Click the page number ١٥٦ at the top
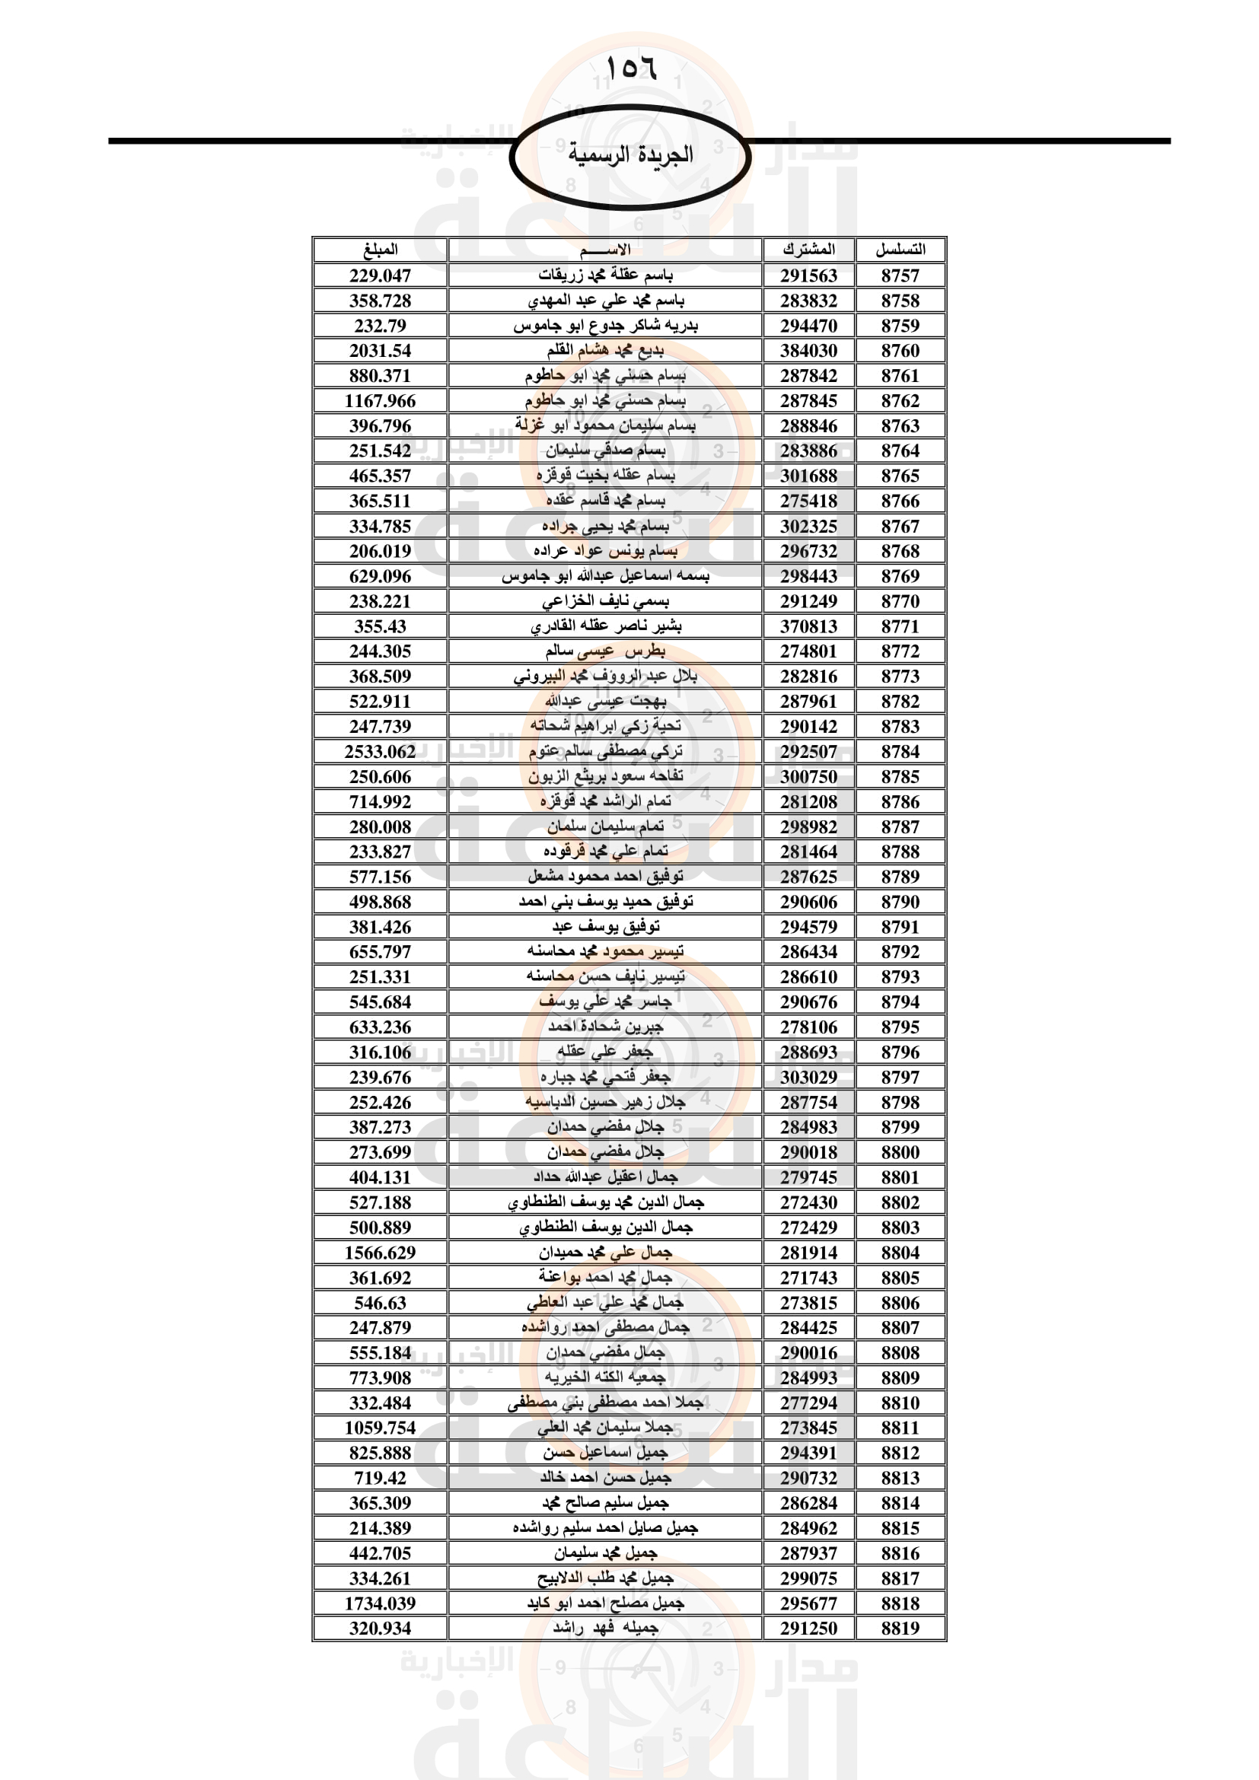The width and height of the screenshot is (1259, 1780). point(630,68)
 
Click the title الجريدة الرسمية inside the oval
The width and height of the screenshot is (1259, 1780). point(630,154)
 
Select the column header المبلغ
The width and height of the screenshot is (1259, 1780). point(380,250)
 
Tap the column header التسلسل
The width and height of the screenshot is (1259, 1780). point(900,250)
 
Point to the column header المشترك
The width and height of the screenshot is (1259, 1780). point(808,250)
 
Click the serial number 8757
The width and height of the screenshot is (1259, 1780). point(900,275)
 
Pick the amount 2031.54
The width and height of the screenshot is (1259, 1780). point(380,350)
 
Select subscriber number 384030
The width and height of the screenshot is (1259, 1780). point(808,350)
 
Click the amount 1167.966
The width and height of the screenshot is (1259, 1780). point(380,401)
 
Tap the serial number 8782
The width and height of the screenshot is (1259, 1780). point(900,701)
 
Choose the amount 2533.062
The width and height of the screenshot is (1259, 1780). point(380,751)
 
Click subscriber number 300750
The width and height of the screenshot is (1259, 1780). point(808,776)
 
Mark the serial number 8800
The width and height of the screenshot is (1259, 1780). point(900,1152)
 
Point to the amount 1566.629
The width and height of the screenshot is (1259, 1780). point(380,1252)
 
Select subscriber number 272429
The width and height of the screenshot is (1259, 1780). point(808,1228)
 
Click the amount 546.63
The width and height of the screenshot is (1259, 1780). point(380,1302)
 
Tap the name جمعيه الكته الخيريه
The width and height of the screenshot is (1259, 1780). point(604,1377)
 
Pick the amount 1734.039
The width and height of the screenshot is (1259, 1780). point(380,1603)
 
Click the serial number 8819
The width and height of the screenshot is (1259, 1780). point(900,1628)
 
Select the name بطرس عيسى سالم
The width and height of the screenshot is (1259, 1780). point(604,651)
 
